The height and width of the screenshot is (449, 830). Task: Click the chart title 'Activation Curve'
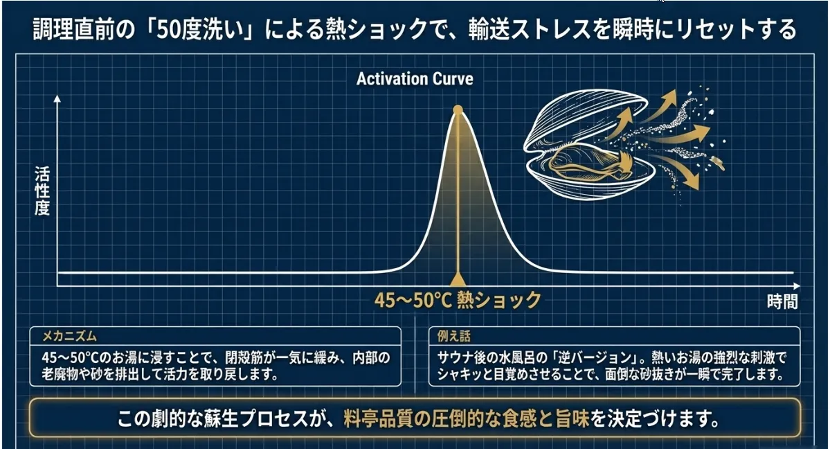click(x=415, y=79)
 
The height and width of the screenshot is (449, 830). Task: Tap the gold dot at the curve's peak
click(x=458, y=109)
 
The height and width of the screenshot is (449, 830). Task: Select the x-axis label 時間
click(x=782, y=301)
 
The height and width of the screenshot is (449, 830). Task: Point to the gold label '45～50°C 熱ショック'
click(x=458, y=300)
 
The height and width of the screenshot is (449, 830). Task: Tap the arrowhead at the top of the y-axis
click(x=57, y=98)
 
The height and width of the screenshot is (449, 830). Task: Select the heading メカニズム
click(x=69, y=336)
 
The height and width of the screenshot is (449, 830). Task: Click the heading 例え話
click(x=453, y=336)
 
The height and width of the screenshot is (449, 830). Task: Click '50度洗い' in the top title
click(x=199, y=30)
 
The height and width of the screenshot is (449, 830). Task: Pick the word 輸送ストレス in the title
click(x=531, y=30)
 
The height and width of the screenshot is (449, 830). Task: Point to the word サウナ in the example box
click(x=455, y=358)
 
